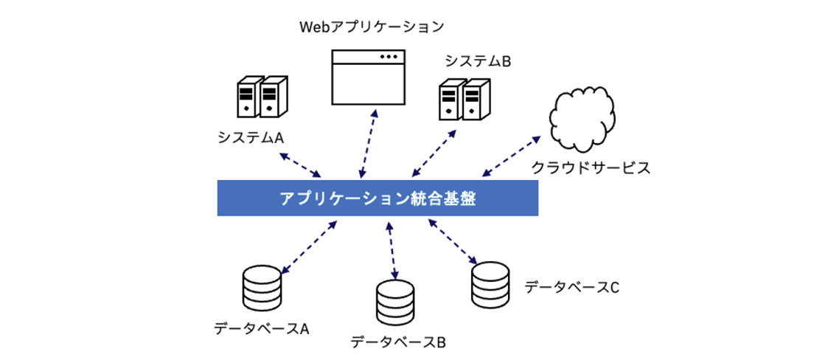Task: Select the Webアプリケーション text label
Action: (x=371, y=27)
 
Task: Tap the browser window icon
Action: (x=369, y=77)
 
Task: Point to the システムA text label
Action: (x=251, y=137)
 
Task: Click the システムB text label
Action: (x=478, y=61)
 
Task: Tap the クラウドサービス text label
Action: (x=591, y=168)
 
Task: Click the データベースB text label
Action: (x=398, y=342)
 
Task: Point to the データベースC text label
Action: (x=571, y=286)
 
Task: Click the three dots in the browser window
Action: (x=387, y=57)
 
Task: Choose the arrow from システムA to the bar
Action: (x=302, y=165)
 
